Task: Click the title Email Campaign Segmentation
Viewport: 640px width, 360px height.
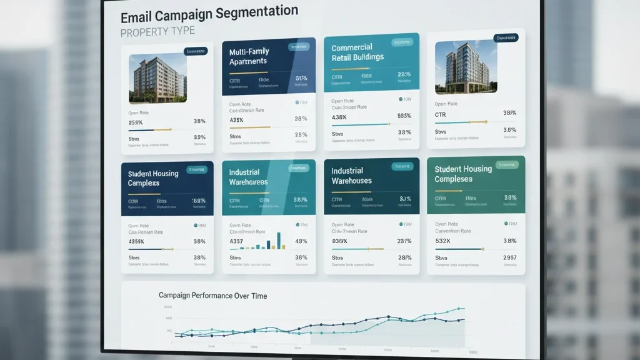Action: pyautogui.click(x=209, y=12)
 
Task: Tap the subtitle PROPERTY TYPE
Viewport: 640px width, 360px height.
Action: pyautogui.click(x=157, y=31)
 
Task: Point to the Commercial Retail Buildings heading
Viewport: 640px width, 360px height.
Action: pyautogui.click(x=357, y=52)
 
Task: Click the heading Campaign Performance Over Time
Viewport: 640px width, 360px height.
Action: pyautogui.click(x=212, y=295)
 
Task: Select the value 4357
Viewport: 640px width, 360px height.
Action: pyautogui.click(x=237, y=241)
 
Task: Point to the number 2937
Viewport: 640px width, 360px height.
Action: pyautogui.click(x=510, y=257)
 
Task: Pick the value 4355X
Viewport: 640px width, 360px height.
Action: pyautogui.click(x=136, y=241)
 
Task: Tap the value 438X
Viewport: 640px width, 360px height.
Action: pyautogui.click(x=339, y=117)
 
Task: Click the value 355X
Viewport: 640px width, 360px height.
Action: pyautogui.click(x=136, y=122)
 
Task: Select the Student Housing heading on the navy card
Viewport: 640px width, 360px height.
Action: pyautogui.click(x=153, y=178)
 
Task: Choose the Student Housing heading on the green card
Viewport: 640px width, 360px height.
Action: pyautogui.click(x=463, y=174)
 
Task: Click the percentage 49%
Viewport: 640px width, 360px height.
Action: pyautogui.click(x=301, y=241)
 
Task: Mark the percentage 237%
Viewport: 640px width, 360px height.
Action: pyautogui.click(x=404, y=241)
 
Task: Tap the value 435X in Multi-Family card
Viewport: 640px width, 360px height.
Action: pyautogui.click(x=236, y=120)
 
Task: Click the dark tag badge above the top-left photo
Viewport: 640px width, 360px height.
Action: pyautogui.click(x=196, y=51)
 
